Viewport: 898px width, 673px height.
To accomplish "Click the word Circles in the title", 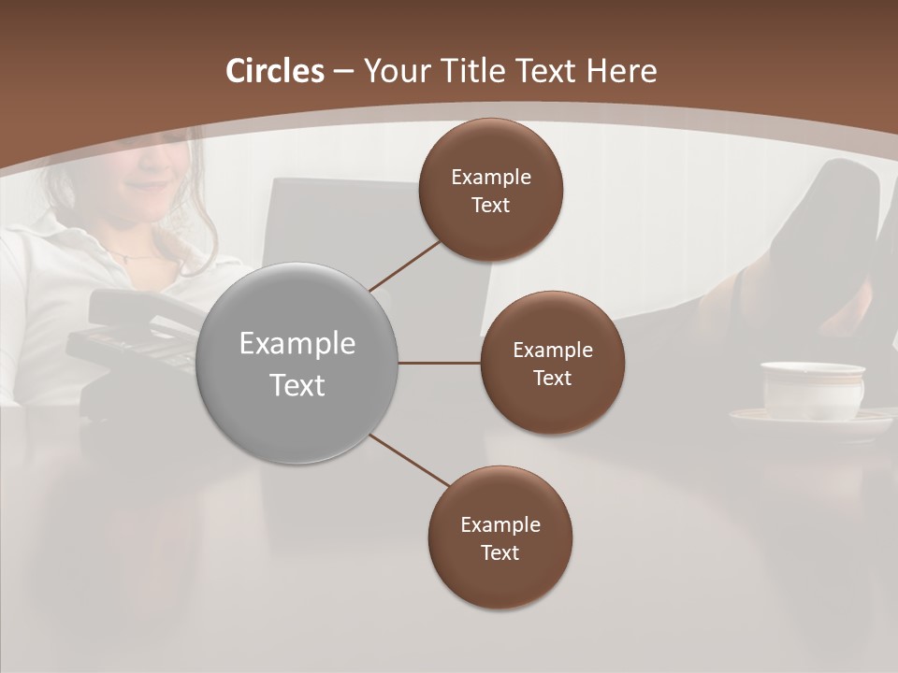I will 275,71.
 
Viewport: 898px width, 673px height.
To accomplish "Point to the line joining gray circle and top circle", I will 406,265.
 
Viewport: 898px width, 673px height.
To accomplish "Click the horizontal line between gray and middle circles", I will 439,363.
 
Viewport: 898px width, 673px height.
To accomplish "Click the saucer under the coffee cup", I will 810,422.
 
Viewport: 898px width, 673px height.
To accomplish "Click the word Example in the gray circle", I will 297,344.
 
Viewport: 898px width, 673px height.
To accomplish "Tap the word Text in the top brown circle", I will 490,206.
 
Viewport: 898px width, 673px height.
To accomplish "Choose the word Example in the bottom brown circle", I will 500,524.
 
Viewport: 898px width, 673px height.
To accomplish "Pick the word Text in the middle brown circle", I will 552,379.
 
